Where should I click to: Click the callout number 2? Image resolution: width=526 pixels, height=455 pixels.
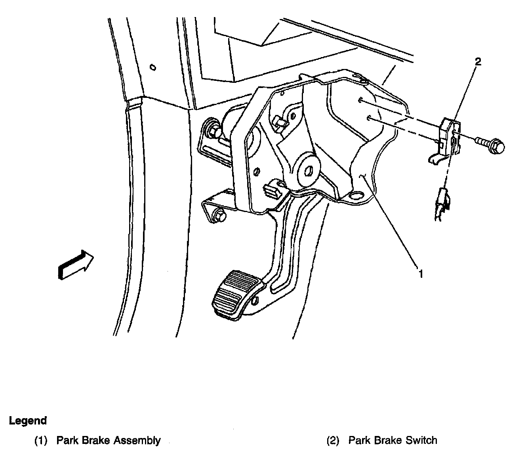click(x=478, y=62)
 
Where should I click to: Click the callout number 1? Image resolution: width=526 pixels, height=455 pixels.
click(x=421, y=273)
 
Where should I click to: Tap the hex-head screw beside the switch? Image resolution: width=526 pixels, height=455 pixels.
click(x=493, y=146)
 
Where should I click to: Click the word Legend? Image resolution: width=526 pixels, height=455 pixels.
click(x=28, y=421)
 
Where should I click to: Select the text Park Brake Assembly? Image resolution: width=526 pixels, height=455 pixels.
click(x=109, y=440)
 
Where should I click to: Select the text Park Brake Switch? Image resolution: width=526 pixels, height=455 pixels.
click(x=393, y=440)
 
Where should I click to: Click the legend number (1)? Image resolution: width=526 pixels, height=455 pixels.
click(x=41, y=440)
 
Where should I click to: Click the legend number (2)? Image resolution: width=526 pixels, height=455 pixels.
click(x=333, y=440)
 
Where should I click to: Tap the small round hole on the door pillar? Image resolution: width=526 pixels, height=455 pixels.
click(x=153, y=67)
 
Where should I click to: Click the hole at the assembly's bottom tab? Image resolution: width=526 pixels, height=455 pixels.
click(x=358, y=195)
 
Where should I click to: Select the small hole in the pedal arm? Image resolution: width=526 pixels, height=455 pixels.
click(x=255, y=300)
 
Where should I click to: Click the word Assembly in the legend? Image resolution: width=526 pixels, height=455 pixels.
click(x=137, y=440)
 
